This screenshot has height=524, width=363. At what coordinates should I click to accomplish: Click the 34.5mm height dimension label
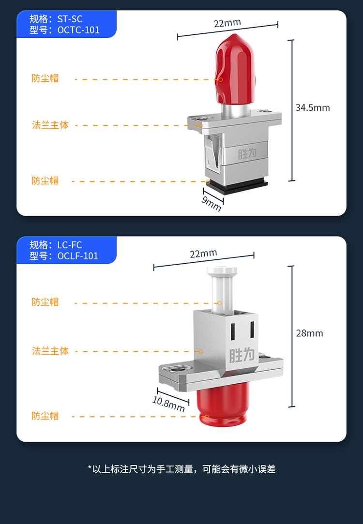coord(313,107)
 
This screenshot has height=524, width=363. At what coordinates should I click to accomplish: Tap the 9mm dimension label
coord(211,203)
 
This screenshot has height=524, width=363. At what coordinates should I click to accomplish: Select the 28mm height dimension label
coord(310,333)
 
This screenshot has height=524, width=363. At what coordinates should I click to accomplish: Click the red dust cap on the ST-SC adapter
coord(235,69)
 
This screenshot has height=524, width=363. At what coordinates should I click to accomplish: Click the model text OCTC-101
coord(78,30)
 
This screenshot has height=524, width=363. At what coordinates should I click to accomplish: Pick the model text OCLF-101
coord(78,256)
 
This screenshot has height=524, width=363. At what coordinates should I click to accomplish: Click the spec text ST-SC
coord(70,19)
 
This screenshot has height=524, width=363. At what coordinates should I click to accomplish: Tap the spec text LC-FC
coord(70,245)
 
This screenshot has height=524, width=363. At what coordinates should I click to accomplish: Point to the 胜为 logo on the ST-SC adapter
coord(247,154)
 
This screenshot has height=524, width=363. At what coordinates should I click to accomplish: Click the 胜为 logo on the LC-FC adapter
coord(242,355)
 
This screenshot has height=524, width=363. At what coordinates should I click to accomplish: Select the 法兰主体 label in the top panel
coord(50,125)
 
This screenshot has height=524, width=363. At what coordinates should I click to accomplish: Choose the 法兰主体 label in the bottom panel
coord(50,351)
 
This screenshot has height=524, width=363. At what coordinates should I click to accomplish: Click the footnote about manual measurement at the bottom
coord(181,469)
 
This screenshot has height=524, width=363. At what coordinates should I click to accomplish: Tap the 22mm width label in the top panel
coord(227,23)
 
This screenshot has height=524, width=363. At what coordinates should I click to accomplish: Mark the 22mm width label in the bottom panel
coord(204,254)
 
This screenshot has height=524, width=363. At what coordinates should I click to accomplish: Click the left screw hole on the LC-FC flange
coord(176,370)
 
